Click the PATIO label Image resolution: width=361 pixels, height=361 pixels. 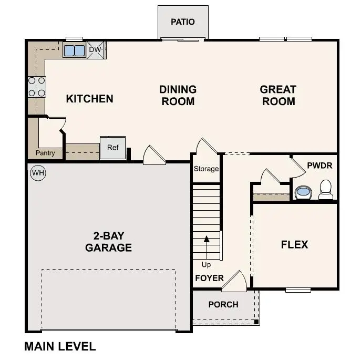coord(183,22)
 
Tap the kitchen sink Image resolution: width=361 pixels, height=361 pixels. coord(74,50)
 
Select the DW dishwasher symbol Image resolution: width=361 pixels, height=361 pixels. coord(96,50)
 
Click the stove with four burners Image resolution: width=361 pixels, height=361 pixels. coord(36,87)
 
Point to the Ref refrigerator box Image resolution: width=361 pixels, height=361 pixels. coord(113,148)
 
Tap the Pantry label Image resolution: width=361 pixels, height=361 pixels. coord(45,153)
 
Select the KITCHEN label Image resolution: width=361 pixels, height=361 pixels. coord(89,99)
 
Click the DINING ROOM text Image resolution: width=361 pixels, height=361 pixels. coord(178,96)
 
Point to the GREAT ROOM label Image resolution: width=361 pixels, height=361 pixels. coord(278,96)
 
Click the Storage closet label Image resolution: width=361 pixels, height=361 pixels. coord(206,169)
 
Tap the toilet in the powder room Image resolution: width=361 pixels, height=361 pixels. coord(326,190)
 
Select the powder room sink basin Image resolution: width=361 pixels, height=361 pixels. coord(303,192)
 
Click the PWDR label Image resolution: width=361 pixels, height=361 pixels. coord(319,166)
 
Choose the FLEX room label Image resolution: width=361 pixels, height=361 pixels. coord(294,244)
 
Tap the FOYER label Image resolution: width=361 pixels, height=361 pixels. coord(209,278)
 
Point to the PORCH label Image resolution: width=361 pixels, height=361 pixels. coord(223,304)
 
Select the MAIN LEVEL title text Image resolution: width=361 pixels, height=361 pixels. coord(60,346)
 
